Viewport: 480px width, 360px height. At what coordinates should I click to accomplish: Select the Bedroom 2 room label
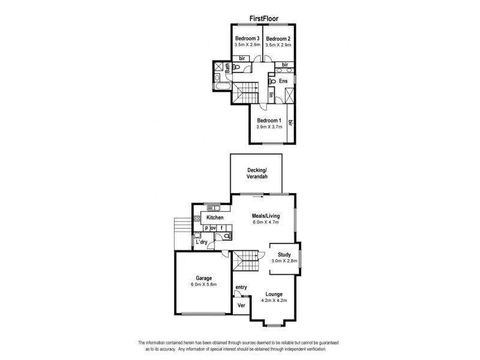click(x=278, y=38)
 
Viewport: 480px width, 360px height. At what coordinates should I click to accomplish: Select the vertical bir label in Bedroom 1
click(x=291, y=123)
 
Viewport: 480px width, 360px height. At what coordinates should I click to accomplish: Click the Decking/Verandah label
click(x=257, y=174)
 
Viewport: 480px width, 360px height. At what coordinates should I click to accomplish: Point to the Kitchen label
click(x=215, y=217)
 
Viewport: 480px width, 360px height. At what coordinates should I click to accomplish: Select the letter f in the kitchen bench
click(x=221, y=228)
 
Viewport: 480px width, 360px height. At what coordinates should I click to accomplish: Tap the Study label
click(x=284, y=254)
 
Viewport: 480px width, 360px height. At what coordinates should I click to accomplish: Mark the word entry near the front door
click(x=241, y=287)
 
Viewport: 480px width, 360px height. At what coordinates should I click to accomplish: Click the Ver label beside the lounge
click(x=241, y=305)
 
